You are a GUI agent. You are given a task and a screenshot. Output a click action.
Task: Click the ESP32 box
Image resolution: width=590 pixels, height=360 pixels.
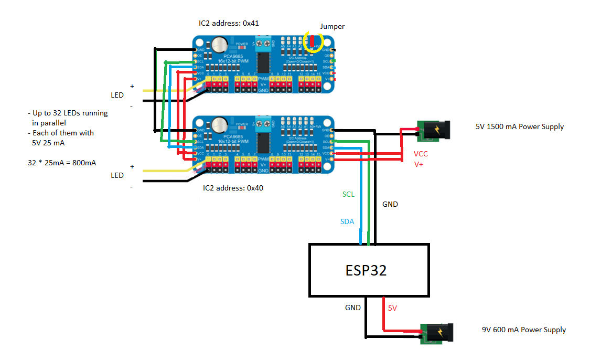[369, 270]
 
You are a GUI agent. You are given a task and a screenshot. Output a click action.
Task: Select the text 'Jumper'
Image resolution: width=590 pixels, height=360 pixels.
[332, 26]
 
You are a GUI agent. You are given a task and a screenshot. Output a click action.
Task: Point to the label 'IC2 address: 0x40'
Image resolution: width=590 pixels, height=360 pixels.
[233, 187]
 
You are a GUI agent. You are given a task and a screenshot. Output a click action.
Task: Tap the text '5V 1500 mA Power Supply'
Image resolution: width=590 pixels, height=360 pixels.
[519, 126]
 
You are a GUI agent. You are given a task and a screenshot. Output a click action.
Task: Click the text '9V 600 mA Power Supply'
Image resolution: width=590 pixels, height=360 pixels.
[524, 330]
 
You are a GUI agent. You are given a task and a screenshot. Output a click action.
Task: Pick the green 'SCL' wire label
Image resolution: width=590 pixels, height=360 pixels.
[348, 194]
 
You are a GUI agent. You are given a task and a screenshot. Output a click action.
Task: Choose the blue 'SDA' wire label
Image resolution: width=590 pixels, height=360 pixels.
[347, 221]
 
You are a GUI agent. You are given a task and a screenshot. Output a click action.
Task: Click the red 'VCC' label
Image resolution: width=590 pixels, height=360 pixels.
[421, 154]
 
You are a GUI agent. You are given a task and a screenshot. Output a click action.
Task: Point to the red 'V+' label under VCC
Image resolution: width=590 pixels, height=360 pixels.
[419, 165]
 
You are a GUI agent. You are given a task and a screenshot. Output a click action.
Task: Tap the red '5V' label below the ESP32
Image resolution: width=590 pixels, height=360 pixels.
[392, 309]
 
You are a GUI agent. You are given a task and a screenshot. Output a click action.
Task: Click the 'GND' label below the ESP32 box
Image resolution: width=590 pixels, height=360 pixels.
[352, 308]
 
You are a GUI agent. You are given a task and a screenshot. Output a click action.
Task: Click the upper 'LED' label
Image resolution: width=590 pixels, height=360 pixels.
[117, 95]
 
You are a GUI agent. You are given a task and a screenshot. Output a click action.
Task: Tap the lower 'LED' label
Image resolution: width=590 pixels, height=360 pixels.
[117, 175]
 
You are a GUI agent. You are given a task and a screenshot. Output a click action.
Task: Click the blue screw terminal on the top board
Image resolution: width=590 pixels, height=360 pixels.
[263, 43]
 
